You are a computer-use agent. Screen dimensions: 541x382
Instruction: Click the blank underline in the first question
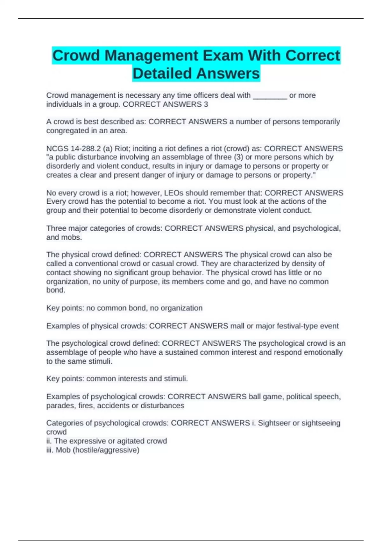coord(270,96)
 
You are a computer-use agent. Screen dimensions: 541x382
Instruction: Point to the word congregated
coord(66,131)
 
